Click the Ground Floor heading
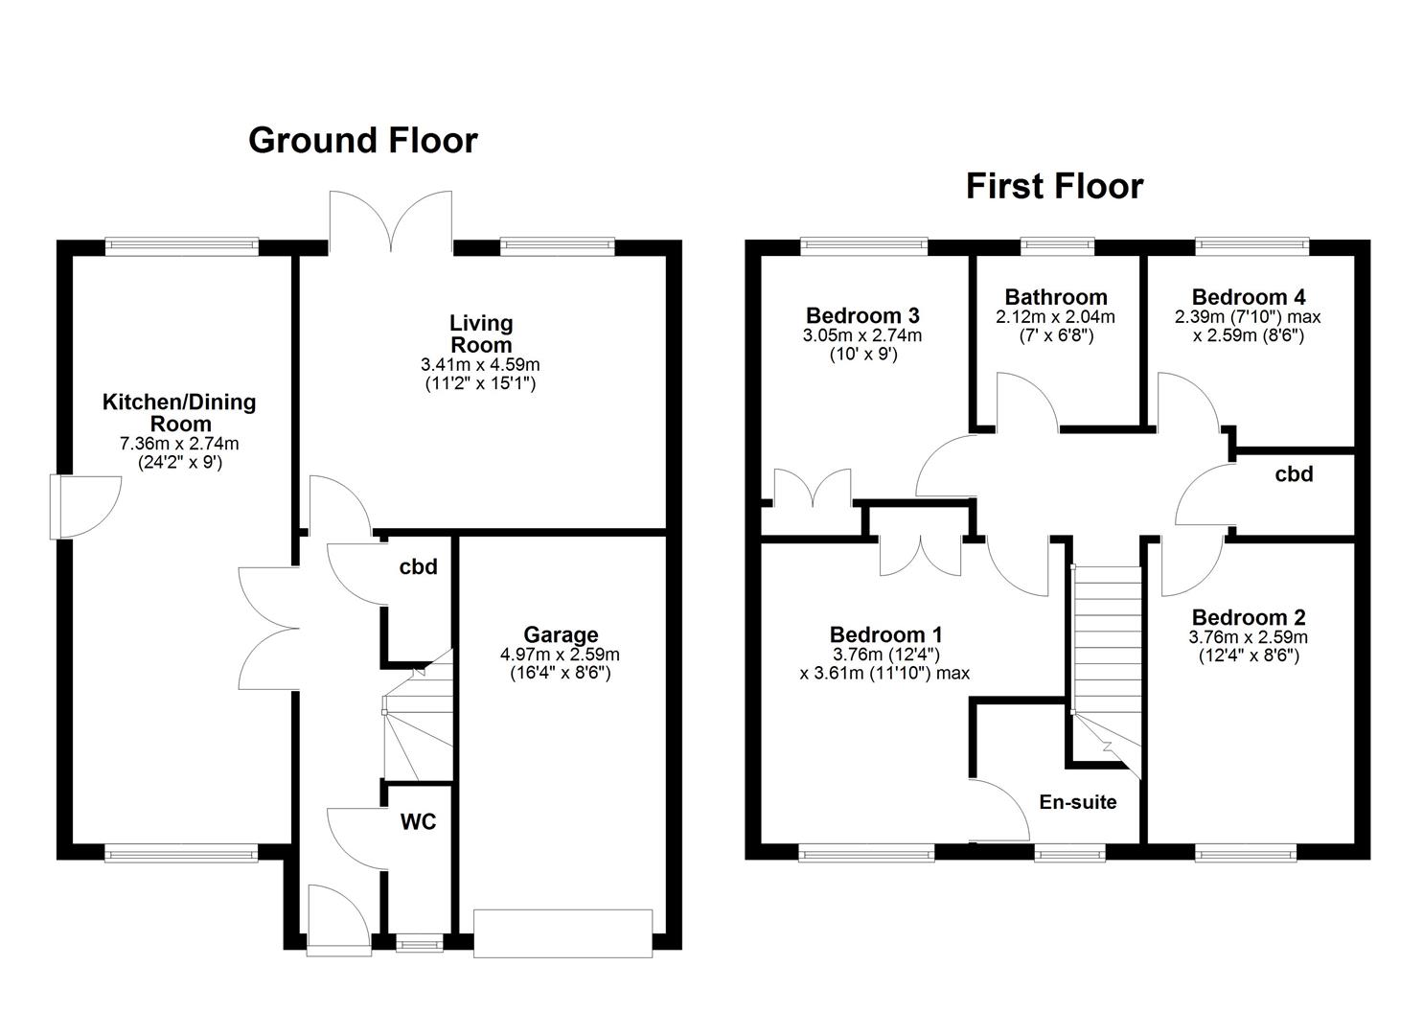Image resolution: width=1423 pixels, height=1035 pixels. click(363, 141)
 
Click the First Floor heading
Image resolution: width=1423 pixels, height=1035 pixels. click(1054, 187)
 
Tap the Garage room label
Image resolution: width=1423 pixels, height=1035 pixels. click(561, 634)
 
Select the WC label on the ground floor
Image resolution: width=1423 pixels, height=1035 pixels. click(418, 822)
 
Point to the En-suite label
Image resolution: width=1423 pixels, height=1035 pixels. click(1078, 802)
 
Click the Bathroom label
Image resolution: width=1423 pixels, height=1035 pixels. click(1056, 297)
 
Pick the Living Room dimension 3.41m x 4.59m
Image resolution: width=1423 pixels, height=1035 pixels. click(480, 365)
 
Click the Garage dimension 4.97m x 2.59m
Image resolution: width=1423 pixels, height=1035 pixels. click(561, 655)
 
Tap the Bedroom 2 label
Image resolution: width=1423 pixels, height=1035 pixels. click(1249, 617)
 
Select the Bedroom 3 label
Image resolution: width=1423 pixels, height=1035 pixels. click(862, 316)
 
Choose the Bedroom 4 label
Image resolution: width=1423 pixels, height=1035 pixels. click(1249, 297)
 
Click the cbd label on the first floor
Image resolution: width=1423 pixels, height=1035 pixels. click(1294, 474)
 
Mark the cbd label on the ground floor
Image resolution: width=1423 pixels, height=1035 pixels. click(418, 566)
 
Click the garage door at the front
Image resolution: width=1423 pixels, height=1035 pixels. click(562, 933)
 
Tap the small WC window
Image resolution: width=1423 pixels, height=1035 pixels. click(420, 943)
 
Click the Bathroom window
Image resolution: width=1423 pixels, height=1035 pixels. click(1057, 246)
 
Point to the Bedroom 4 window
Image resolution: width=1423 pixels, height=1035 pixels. click(1252, 246)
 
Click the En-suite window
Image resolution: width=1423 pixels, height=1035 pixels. click(1069, 853)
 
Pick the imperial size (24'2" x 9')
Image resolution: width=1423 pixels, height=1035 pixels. click(180, 463)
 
